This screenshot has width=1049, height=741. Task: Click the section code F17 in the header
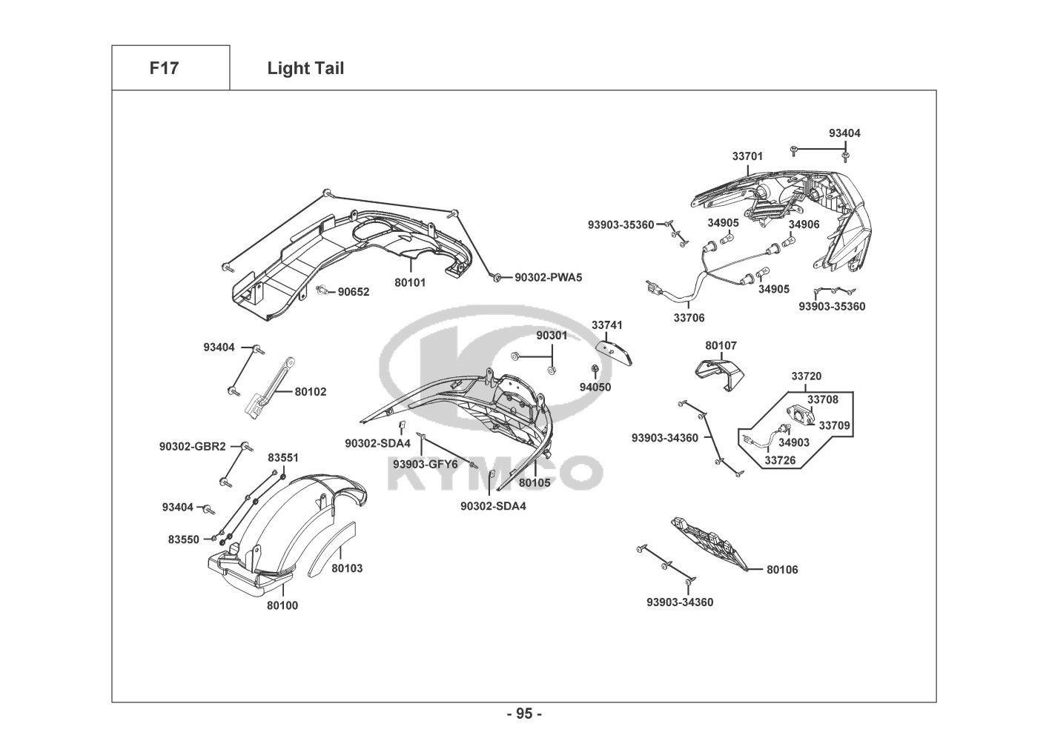click(164, 69)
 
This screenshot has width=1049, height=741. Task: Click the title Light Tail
click(305, 69)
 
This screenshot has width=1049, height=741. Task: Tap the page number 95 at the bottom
click(524, 714)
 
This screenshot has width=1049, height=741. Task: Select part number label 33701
click(747, 156)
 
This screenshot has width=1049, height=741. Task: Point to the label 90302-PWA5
click(549, 278)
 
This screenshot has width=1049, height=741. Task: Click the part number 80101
click(410, 282)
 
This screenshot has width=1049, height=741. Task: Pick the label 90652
click(354, 292)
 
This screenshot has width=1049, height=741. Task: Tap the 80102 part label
click(311, 392)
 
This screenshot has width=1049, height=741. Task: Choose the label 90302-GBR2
click(192, 447)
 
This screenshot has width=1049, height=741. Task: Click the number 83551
click(283, 458)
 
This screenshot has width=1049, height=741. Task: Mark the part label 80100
click(282, 605)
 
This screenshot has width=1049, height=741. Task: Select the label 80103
click(347, 568)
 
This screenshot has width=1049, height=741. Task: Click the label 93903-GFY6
click(426, 465)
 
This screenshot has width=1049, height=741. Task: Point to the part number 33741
click(607, 325)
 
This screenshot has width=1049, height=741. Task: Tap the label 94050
click(595, 387)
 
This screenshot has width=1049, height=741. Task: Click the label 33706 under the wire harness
click(689, 318)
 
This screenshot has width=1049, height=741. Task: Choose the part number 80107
click(721, 345)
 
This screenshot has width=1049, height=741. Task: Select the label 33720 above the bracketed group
click(806, 376)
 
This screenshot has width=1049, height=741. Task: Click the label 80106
click(782, 570)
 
